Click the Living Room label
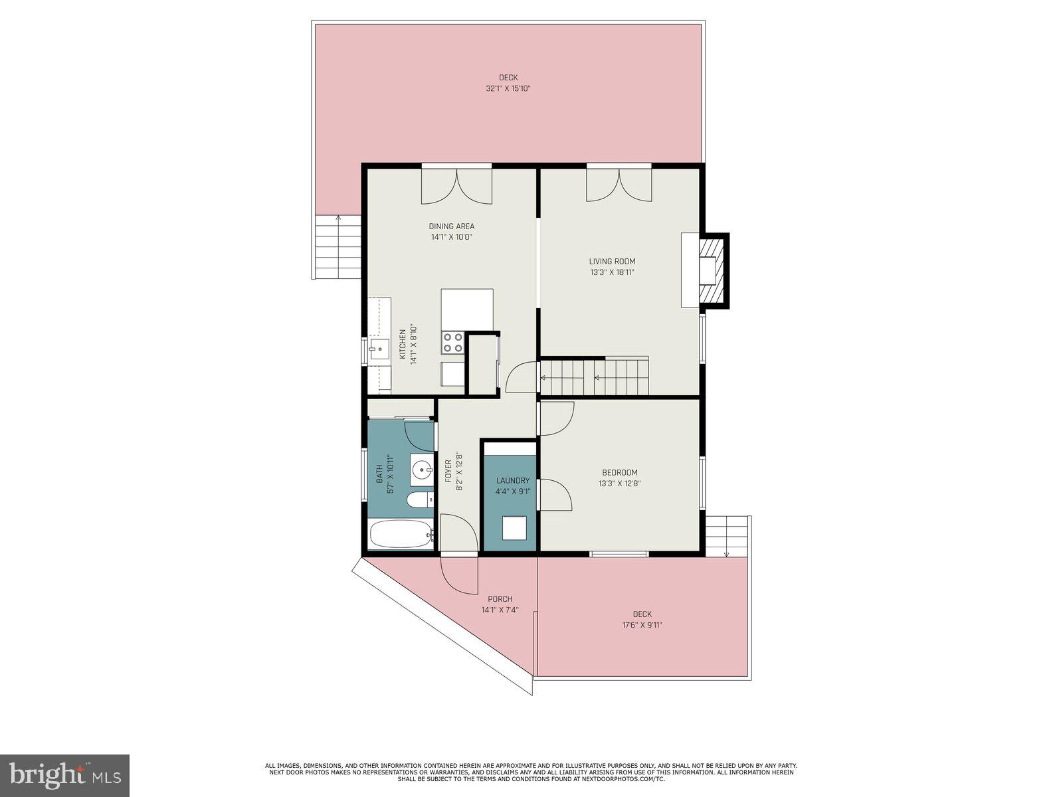tap(612, 261)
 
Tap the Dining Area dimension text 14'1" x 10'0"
tap(451, 237)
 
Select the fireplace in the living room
tap(712, 270)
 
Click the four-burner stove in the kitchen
tap(453, 343)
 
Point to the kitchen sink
tap(380, 349)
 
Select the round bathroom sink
tap(421, 470)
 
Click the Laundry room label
tap(513, 481)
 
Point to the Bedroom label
tap(619, 473)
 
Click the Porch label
tap(500, 599)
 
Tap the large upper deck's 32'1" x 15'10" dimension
tap(508, 88)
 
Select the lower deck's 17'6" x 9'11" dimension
tap(642, 625)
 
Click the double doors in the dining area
tap(456, 185)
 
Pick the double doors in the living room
tap(619, 184)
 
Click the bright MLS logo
tap(65, 775)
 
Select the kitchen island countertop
tap(467, 309)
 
